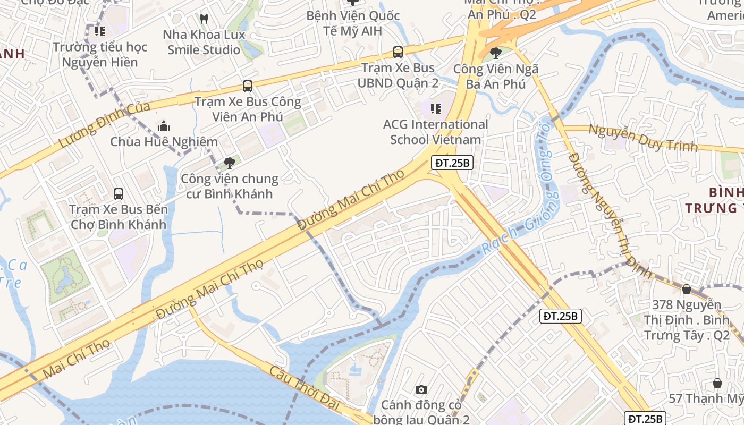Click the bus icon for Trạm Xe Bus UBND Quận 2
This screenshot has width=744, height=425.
(398, 52)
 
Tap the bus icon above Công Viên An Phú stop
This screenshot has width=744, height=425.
(247, 86)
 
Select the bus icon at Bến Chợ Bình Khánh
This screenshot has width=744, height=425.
(119, 194)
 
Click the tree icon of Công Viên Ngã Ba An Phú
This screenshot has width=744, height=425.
(496, 53)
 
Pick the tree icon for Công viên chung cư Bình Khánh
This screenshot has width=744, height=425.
(230, 163)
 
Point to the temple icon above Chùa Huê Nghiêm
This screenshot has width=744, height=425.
(164, 126)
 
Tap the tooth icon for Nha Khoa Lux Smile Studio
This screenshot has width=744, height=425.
(204, 19)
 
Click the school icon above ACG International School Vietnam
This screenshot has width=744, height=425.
(436, 109)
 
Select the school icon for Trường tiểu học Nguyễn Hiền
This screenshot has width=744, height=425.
(100, 31)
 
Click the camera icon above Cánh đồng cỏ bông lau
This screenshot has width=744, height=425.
(421, 390)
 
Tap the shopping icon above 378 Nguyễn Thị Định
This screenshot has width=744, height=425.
(686, 290)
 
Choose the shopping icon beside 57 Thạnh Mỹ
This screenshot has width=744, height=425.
(717, 383)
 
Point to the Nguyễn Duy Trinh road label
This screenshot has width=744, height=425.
(643, 138)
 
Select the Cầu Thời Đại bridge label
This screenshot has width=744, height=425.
(304, 387)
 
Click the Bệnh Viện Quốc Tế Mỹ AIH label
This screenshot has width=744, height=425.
(353, 23)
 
